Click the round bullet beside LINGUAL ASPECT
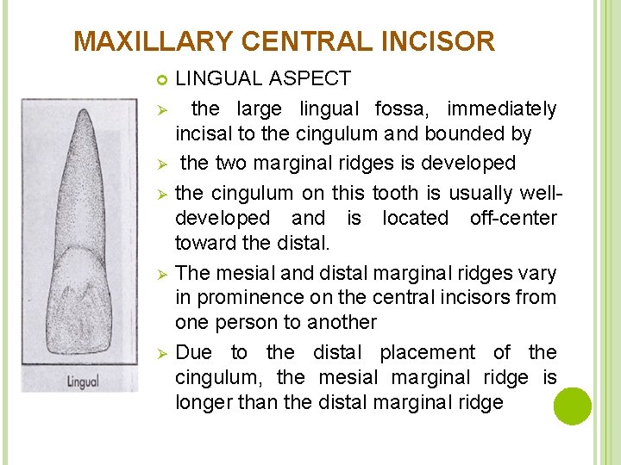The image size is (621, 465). (160, 80)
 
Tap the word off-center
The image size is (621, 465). (513, 218)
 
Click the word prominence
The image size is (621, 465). (251, 297)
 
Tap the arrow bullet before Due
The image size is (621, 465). (160, 353)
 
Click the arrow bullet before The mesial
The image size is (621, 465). (160, 274)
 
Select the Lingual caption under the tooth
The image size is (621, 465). (83, 380)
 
